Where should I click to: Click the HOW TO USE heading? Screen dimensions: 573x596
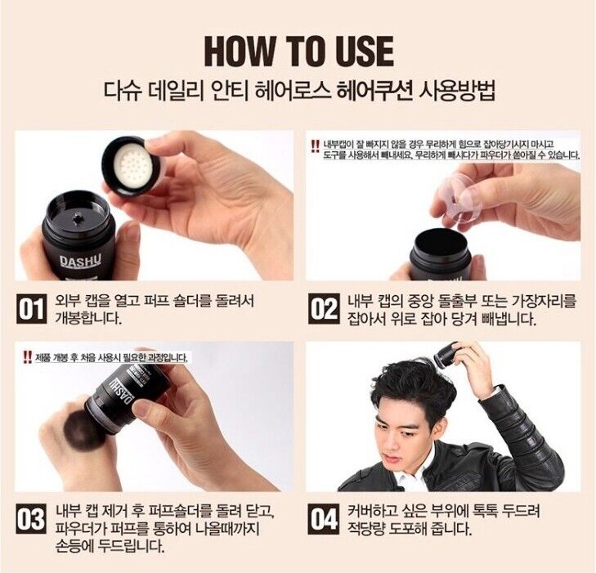click(298, 51)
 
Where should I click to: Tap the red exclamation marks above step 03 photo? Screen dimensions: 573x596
click(24, 356)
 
